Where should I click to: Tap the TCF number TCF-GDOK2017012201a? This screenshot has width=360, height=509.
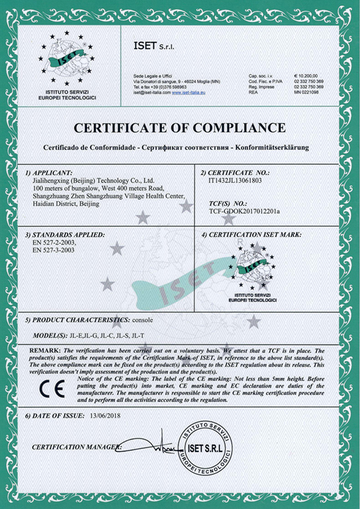tap(244, 212)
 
